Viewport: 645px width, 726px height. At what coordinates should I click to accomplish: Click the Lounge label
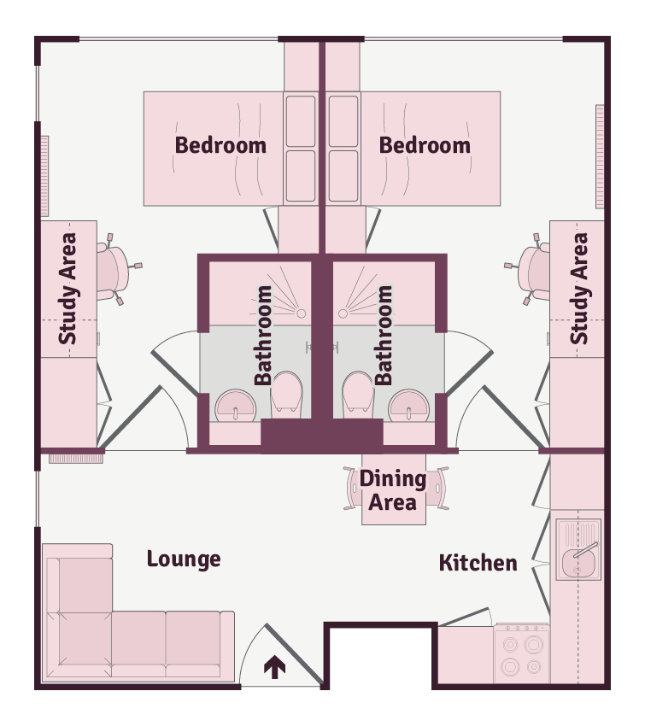(184, 559)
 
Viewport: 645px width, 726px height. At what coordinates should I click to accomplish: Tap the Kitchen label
(478, 563)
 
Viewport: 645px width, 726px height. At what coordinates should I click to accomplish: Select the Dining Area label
(393, 490)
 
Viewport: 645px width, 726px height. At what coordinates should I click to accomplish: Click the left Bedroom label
(220, 145)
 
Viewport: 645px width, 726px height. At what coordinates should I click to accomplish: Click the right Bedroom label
(425, 145)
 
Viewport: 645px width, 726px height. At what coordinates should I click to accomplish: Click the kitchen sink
(578, 549)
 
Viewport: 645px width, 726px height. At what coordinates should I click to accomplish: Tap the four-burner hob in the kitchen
(522, 653)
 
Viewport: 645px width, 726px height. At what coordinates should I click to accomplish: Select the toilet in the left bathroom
(286, 392)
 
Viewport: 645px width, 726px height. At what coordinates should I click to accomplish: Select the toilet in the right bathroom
(358, 392)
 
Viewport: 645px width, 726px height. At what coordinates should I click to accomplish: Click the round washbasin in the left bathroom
(235, 406)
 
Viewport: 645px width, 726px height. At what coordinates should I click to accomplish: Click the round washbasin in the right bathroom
(409, 406)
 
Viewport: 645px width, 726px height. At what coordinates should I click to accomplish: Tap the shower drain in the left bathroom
(301, 313)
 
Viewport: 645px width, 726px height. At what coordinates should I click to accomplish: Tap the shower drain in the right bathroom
(343, 313)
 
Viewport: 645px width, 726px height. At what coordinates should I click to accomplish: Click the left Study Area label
(68, 289)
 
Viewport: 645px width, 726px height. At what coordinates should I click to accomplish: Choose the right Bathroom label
(384, 335)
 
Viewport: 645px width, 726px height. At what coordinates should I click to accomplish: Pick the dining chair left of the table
(352, 489)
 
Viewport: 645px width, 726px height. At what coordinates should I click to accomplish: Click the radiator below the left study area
(76, 459)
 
